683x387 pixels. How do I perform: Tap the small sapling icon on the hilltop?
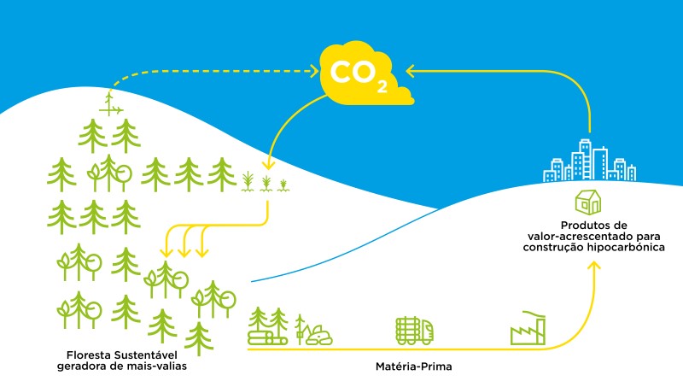coord(110,103)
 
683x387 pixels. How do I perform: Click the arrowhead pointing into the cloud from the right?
coord(410,71)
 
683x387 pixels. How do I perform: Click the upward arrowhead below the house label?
coord(595,267)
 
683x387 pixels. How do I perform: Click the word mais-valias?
coord(157,366)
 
